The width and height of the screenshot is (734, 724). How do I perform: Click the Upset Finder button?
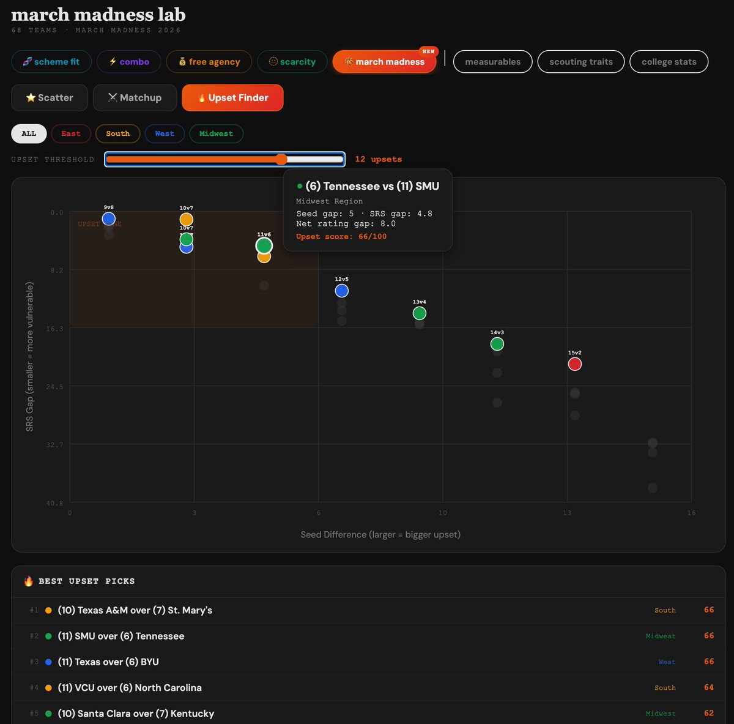click(x=232, y=98)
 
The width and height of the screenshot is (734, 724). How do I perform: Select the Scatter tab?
click(x=50, y=98)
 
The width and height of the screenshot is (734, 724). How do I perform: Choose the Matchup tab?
click(x=135, y=98)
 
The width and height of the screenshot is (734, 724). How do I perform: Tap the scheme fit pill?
click(x=51, y=62)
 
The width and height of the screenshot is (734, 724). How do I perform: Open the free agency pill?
click(x=209, y=62)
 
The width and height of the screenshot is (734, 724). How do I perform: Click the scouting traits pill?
click(x=580, y=62)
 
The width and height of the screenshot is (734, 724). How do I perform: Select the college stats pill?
click(x=669, y=62)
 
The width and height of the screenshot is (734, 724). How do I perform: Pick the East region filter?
click(x=71, y=133)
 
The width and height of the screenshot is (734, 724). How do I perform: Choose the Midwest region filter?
click(x=216, y=133)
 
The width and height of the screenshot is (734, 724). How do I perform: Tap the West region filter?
click(x=165, y=133)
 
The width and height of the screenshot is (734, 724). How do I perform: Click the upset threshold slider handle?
click(x=281, y=160)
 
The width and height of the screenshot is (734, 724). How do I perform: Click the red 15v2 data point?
click(x=574, y=364)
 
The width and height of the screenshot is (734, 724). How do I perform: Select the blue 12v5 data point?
click(x=342, y=291)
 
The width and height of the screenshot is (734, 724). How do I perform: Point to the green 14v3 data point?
click(x=497, y=344)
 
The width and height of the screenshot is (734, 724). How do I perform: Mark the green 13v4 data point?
click(x=419, y=313)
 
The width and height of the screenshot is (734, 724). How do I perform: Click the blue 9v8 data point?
click(x=109, y=218)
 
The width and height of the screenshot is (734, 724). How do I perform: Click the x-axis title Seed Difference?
click(x=380, y=534)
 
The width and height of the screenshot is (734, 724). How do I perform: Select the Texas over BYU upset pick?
click(x=108, y=662)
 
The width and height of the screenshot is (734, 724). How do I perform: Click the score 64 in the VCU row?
click(x=708, y=687)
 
